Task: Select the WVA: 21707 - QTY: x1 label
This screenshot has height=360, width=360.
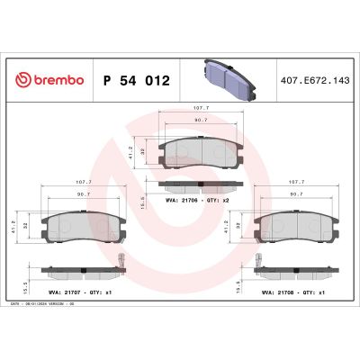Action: click(x=88, y=292)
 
